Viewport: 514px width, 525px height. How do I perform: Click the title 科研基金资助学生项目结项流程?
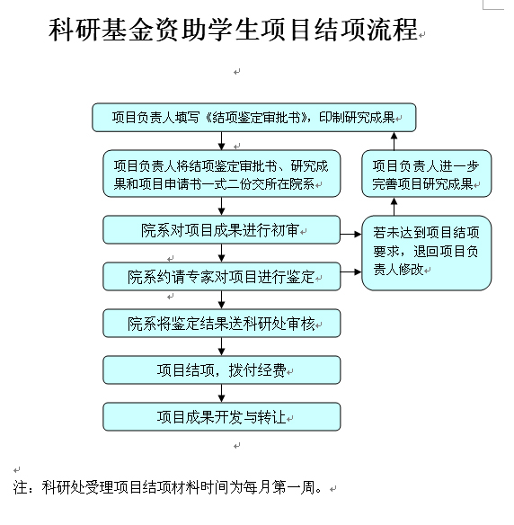(x=234, y=30)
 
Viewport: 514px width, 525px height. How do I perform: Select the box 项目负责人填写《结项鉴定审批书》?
(x=254, y=118)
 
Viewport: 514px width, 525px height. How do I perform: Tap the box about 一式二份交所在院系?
(x=222, y=174)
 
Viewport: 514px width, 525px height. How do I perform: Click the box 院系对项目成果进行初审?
(x=222, y=230)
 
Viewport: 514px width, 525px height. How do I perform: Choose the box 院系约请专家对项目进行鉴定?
(x=222, y=276)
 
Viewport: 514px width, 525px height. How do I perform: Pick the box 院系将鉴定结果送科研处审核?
(x=222, y=323)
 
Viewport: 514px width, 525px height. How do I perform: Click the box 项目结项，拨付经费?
(x=222, y=370)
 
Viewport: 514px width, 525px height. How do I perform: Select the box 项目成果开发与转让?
(x=222, y=417)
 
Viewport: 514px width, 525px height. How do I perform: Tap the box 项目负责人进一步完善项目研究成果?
(x=427, y=174)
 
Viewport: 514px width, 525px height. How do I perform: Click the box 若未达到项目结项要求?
(x=427, y=253)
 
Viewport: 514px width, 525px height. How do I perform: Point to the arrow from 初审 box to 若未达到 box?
(x=351, y=235)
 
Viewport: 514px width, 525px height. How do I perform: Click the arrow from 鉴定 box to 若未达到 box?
(x=351, y=271)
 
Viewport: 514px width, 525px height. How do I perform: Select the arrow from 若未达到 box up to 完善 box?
(x=394, y=207)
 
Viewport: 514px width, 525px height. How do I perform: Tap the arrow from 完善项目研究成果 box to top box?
(x=394, y=141)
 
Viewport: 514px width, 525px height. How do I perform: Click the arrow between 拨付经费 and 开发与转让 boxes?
(x=222, y=394)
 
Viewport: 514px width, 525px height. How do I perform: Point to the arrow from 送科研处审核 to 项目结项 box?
(x=222, y=346)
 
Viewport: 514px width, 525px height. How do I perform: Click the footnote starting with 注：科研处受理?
(x=167, y=487)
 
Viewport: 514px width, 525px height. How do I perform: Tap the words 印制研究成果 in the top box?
(x=357, y=117)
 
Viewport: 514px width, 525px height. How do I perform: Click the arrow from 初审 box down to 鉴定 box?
(x=222, y=254)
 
